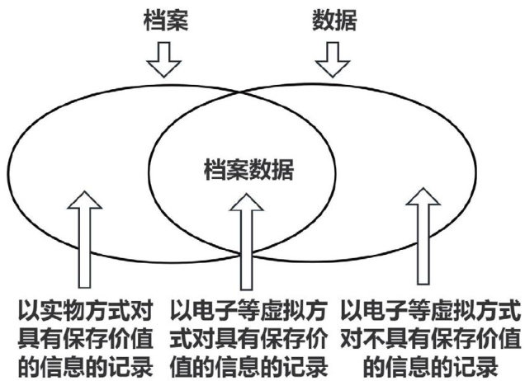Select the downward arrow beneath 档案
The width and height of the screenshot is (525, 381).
click(x=168, y=58)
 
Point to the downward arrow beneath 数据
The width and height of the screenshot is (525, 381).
click(x=333, y=58)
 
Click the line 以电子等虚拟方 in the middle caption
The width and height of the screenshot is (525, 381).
click(x=251, y=311)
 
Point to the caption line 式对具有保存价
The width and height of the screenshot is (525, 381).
click(x=251, y=337)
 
